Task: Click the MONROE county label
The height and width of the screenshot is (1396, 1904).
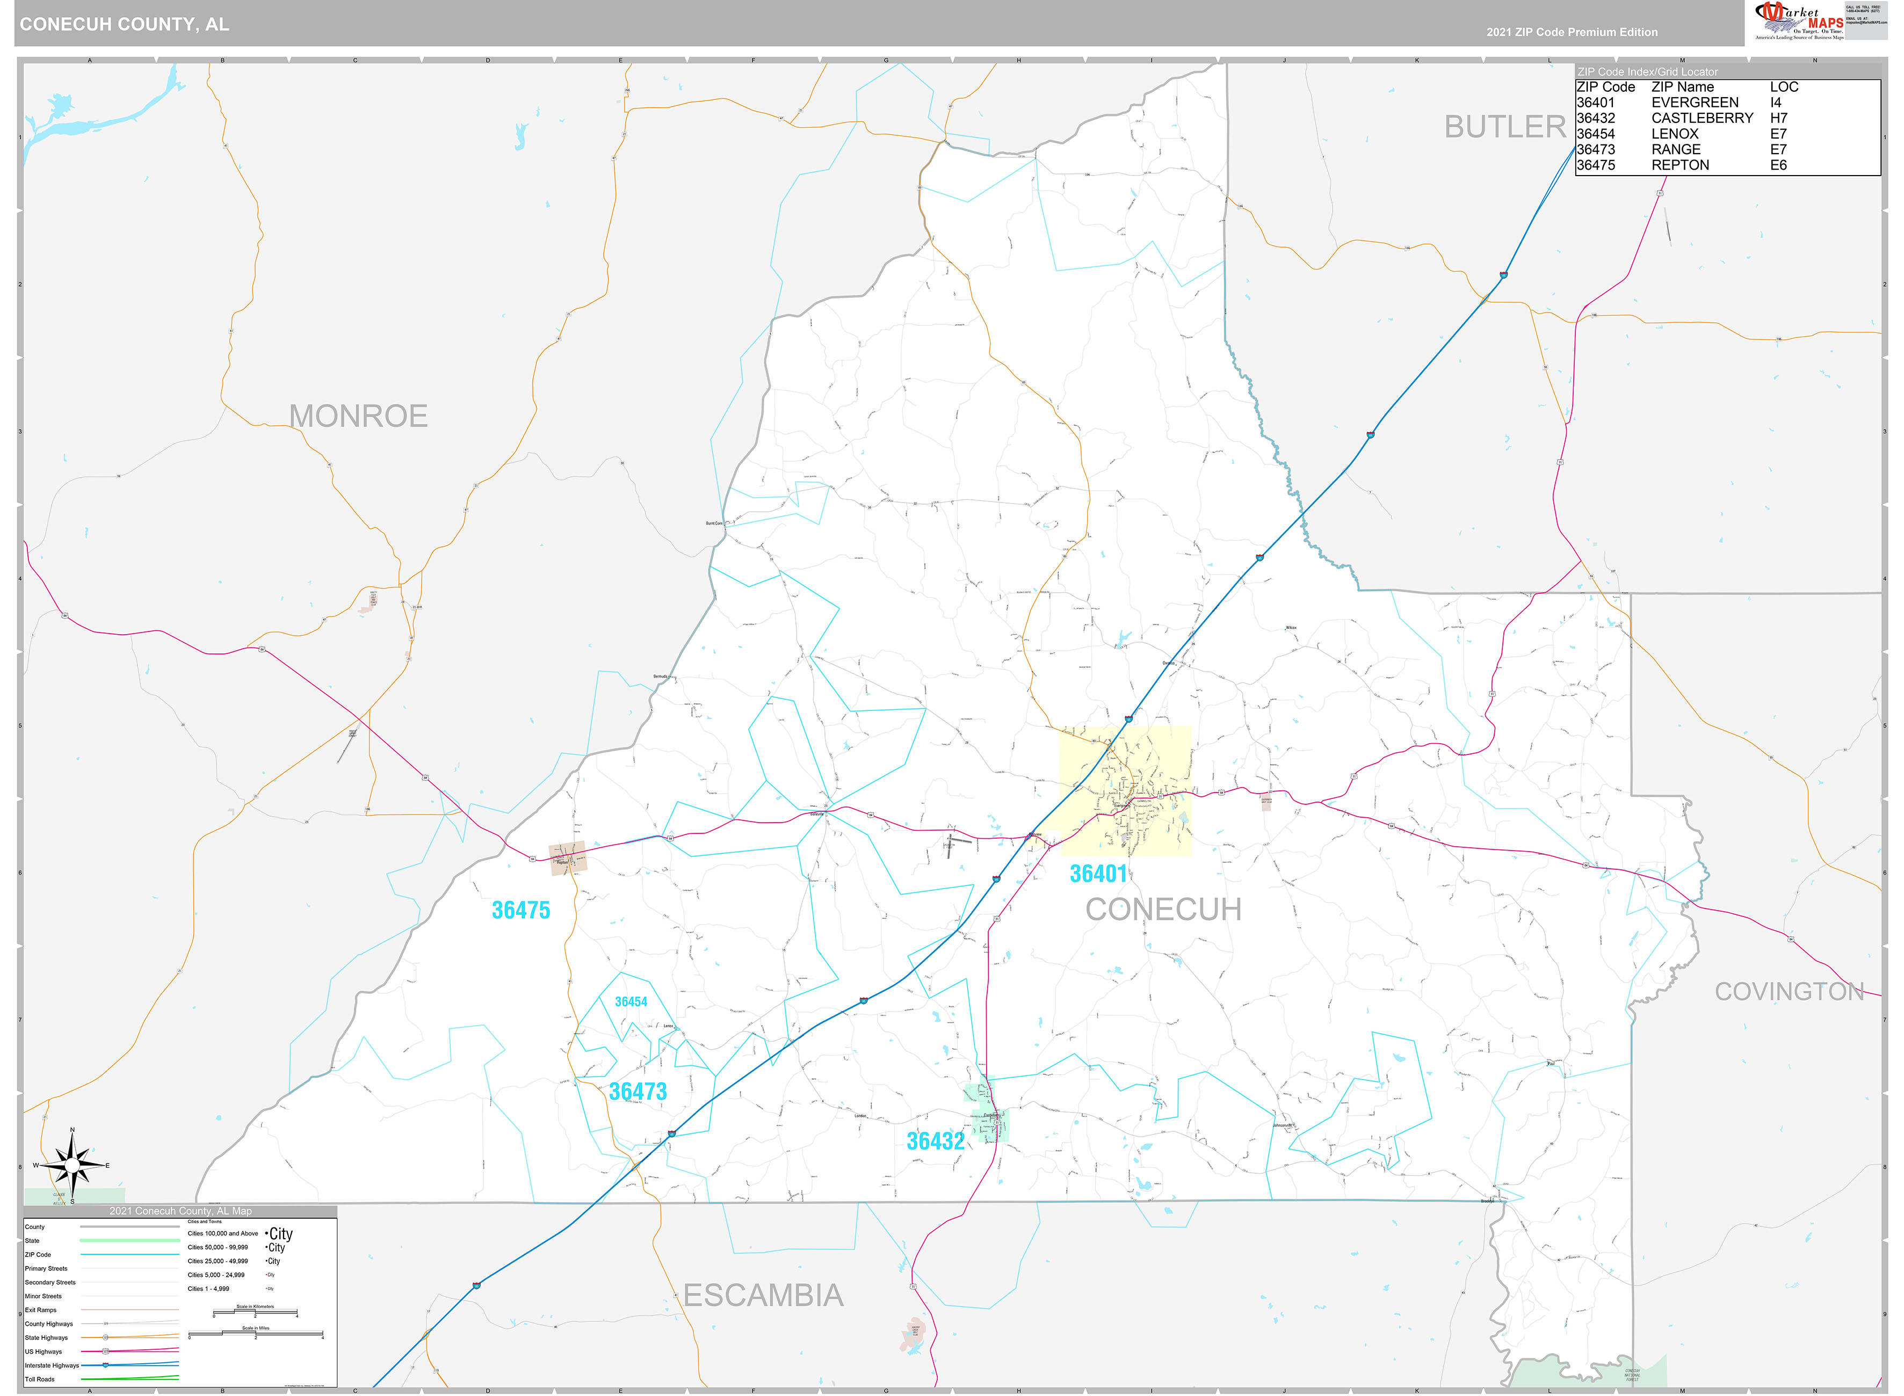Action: click(x=358, y=417)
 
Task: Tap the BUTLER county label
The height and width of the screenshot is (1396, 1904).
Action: click(x=1504, y=128)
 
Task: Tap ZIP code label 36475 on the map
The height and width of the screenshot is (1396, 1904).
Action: click(x=520, y=911)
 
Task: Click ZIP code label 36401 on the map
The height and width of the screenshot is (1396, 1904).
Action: click(x=1098, y=874)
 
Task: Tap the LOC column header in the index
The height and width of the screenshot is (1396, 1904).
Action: click(x=1784, y=87)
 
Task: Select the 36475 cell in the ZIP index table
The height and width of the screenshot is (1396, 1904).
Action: click(x=1596, y=165)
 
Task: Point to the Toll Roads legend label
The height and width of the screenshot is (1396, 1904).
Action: click(x=40, y=1379)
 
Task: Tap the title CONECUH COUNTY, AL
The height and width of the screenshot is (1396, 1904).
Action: click(x=124, y=25)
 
